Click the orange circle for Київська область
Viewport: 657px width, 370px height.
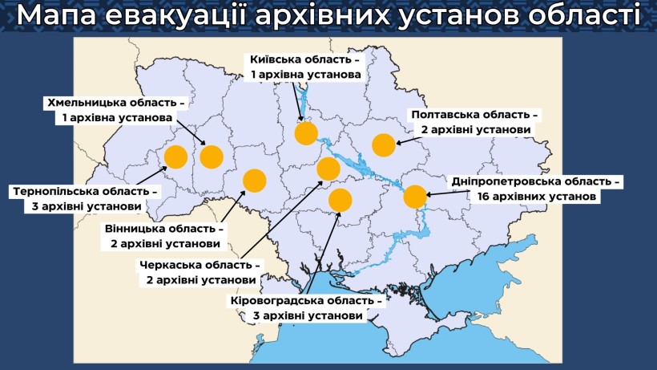tap(306, 132)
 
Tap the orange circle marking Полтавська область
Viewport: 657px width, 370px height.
tap(384, 145)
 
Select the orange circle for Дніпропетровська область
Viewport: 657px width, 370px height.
tap(414, 197)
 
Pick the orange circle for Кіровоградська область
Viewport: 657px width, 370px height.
tap(341, 201)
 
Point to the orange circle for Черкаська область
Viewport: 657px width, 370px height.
tap(328, 169)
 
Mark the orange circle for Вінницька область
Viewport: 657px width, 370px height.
tap(254, 181)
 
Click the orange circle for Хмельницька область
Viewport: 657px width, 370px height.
tap(212, 157)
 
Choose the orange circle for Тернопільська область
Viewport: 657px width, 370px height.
tap(175, 157)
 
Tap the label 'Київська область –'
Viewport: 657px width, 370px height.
tap(305, 59)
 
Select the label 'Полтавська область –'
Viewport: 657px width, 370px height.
tap(474, 115)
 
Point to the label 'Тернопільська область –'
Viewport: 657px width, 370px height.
tap(84, 192)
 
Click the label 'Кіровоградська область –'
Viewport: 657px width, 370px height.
tap(307, 301)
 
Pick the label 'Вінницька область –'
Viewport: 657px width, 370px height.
tap(164, 229)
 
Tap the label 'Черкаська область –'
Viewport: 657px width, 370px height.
tap(200, 265)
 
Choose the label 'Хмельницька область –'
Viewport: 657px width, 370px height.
tap(116, 104)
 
